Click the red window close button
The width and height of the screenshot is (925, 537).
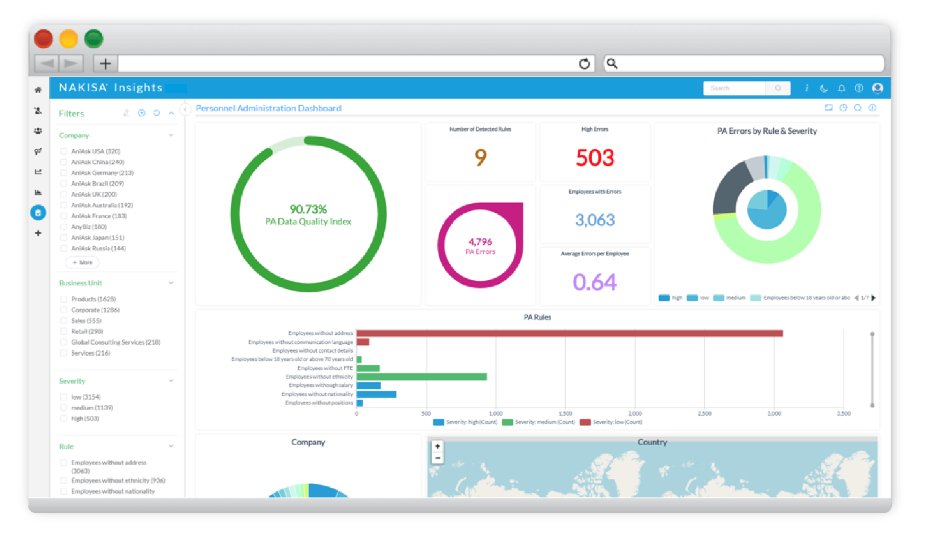pos(43,39)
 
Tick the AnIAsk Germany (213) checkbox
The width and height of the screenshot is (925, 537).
pos(64,173)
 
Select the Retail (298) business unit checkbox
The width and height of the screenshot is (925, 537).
pos(64,331)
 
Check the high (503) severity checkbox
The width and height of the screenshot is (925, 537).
pos(64,419)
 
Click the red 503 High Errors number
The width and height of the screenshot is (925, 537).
pos(595,157)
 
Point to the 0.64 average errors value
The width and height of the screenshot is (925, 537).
pos(595,282)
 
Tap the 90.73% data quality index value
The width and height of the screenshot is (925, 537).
pos(308,209)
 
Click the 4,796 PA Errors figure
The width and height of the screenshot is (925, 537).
pos(480,242)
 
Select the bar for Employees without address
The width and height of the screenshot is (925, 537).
pos(569,333)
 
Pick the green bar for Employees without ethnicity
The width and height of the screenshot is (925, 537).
pos(421,377)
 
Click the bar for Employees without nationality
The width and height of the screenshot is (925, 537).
pos(376,394)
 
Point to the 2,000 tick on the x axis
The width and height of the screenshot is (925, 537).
pos(635,413)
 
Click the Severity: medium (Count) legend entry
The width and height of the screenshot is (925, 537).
pos(539,422)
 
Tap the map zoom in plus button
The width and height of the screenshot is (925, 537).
pos(438,446)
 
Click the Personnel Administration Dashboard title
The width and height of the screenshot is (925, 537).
pos(268,108)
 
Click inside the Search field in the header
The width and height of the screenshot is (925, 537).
pos(734,88)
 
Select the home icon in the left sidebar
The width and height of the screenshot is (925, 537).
pos(38,90)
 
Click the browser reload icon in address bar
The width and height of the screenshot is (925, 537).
pos(585,63)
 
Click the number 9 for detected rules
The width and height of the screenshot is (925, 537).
pos(481,157)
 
